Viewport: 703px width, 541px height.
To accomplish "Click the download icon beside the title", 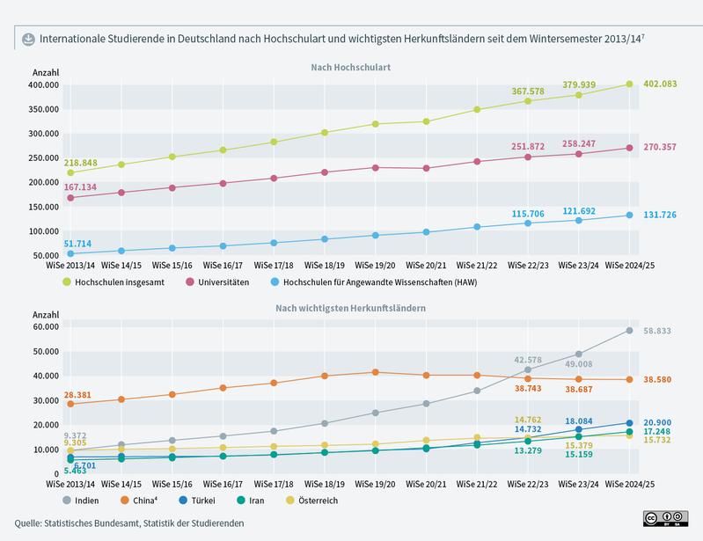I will (27, 38).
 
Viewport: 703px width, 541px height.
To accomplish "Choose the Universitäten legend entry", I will (220, 282).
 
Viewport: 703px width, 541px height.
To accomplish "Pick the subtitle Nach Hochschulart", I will (350, 67).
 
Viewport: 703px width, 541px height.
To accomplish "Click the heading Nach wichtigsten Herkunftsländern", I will (351, 309).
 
